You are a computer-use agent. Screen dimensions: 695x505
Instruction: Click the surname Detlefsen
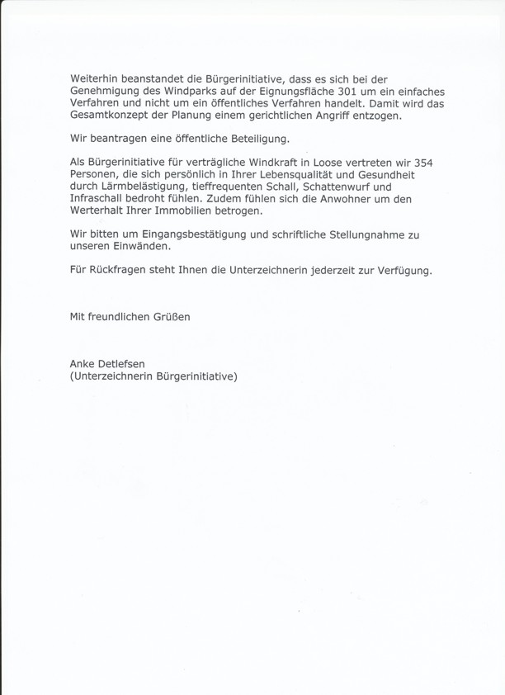[134, 363]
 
